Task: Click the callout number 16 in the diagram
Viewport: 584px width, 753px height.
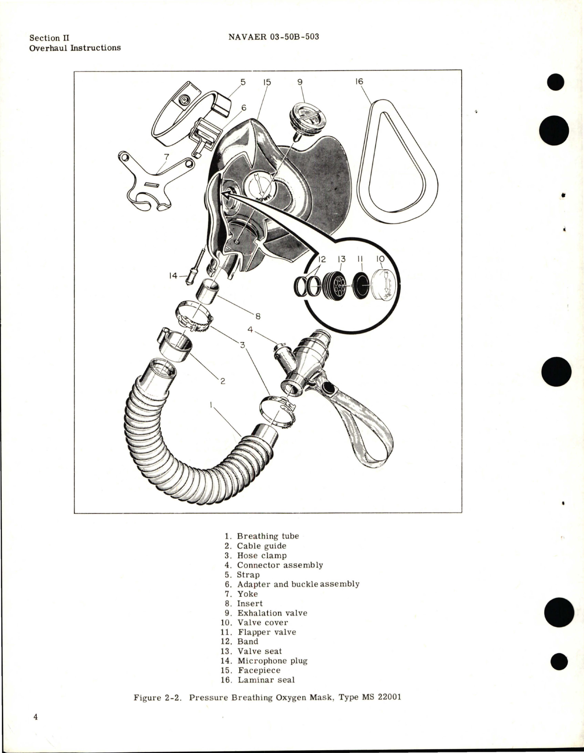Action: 359,82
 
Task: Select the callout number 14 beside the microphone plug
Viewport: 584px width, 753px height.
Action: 174,276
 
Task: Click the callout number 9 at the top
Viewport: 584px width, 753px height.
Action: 300,82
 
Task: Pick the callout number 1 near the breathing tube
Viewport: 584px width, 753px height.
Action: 212,405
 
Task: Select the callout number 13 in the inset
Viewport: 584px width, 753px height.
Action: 341,259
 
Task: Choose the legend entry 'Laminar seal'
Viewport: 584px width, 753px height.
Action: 266,680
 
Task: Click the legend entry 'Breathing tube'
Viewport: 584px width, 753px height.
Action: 267,536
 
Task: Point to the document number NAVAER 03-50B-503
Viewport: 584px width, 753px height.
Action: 273,37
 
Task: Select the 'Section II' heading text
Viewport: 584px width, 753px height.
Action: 49,38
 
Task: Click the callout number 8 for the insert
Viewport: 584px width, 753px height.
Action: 258,316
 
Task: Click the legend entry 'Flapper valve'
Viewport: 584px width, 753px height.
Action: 267,632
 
